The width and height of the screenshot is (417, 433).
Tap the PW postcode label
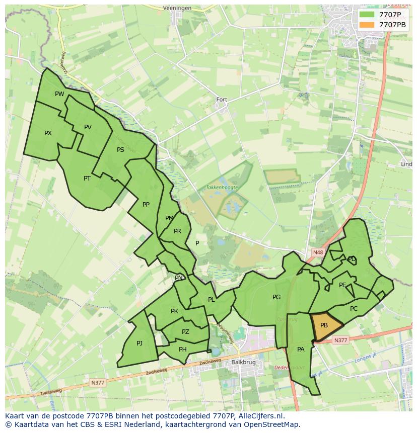59,94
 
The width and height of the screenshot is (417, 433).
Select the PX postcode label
48,133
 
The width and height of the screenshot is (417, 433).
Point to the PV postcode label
88,127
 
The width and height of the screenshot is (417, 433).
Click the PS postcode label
120,150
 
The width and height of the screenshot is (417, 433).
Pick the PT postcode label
87,179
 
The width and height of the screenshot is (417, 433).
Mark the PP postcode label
146,205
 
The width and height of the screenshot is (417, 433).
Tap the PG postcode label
276,297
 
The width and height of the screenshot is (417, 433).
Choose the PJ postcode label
140,343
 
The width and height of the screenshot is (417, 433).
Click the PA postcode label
301,350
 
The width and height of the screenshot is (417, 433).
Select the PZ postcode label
185,332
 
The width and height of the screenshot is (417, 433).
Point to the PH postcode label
183,350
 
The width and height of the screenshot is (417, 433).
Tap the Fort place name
222,100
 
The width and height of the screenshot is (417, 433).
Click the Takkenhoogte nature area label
222,187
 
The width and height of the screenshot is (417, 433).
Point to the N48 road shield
317,252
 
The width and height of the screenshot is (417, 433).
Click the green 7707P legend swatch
367,15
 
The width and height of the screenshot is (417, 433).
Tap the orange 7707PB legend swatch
367,24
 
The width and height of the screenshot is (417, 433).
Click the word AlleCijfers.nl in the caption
260,416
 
